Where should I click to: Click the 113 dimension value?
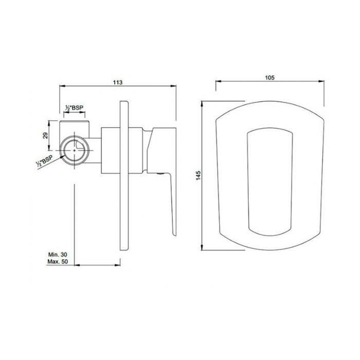pos(118,82)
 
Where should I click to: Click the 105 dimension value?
pos(270,78)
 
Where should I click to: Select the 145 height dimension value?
pos(199,175)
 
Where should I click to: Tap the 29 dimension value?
pos(45,135)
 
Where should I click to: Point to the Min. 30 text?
pos(58,255)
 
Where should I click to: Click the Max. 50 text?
pos(58,261)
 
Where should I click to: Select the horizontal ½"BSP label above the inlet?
pos(74,107)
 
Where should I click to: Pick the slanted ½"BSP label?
pos(44,161)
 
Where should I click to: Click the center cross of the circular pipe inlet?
pos(75,150)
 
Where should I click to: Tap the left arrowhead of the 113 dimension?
pos(62,86)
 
